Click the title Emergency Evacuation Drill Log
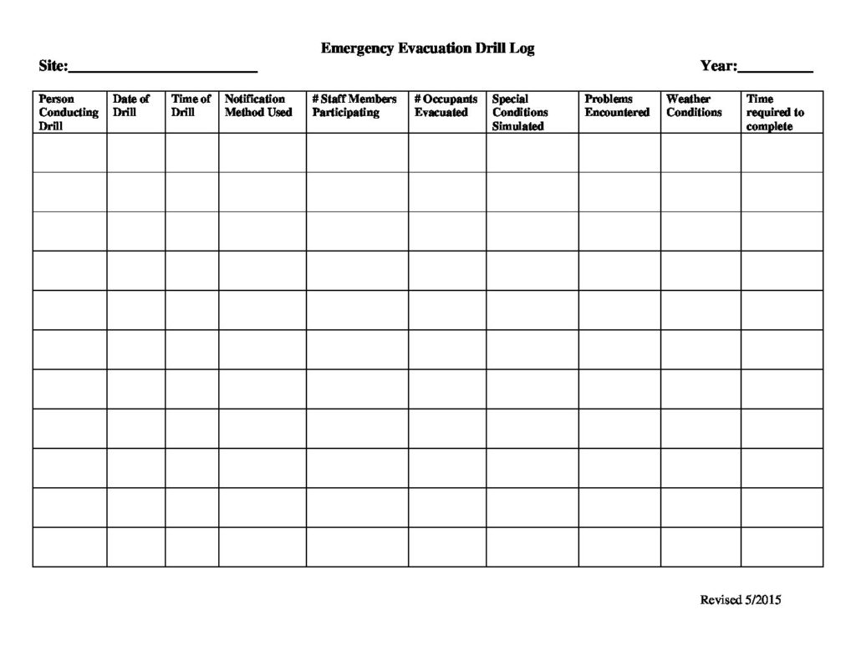427,48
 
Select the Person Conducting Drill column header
69,112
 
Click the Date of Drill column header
131,105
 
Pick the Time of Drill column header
191,105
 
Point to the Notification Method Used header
258,105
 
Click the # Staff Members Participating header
354,105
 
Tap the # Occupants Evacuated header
446,105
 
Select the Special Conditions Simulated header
520,112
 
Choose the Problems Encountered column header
617,105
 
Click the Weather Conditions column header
694,105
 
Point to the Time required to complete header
775,112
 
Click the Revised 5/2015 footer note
740,599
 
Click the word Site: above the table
53,66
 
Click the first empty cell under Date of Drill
135,153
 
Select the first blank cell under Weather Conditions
701,153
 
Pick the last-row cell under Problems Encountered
619,547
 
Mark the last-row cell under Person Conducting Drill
69,547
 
